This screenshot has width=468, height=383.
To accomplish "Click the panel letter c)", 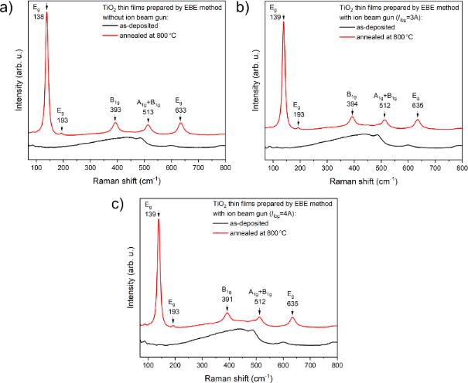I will [118, 205].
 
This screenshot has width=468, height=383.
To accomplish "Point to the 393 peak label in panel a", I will [115, 109].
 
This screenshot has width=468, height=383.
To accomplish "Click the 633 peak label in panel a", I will [181, 110].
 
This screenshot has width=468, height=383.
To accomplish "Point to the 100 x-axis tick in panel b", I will [272, 167].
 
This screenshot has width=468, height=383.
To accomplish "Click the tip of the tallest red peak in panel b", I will [283, 22].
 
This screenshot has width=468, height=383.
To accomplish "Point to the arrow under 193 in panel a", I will [62, 128].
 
